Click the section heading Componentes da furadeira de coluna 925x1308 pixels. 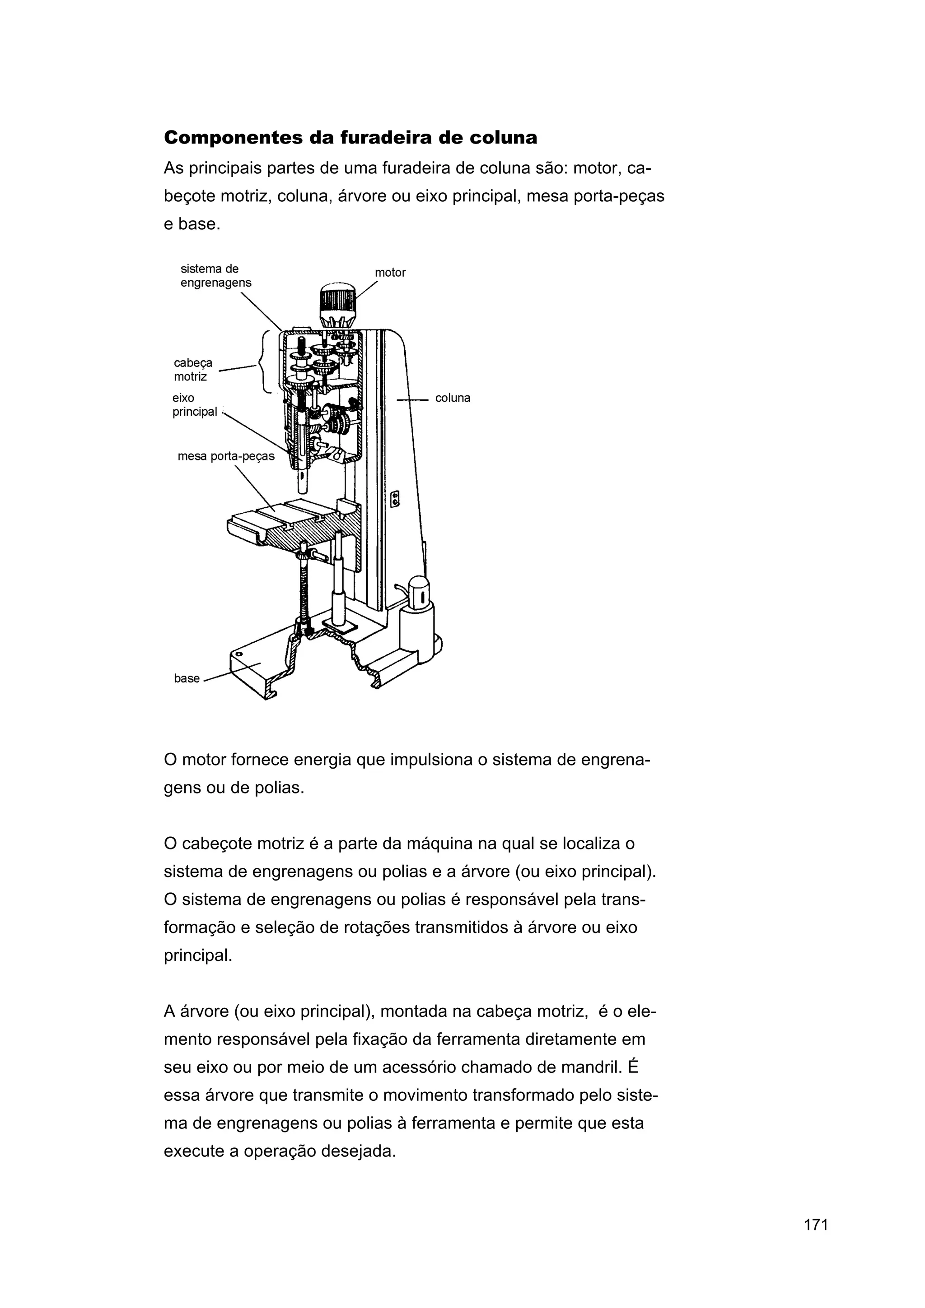coord(350,138)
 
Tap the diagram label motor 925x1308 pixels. coord(390,273)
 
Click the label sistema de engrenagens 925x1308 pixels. coord(215,276)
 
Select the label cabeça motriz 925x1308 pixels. coord(193,370)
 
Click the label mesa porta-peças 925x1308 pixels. coord(226,456)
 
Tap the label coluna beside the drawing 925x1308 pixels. coord(453,398)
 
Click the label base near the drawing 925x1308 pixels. coord(187,678)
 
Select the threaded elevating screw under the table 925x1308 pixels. coord(304,593)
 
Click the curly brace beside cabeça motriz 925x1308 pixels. coord(266,362)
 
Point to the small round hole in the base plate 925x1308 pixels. coord(239,654)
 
